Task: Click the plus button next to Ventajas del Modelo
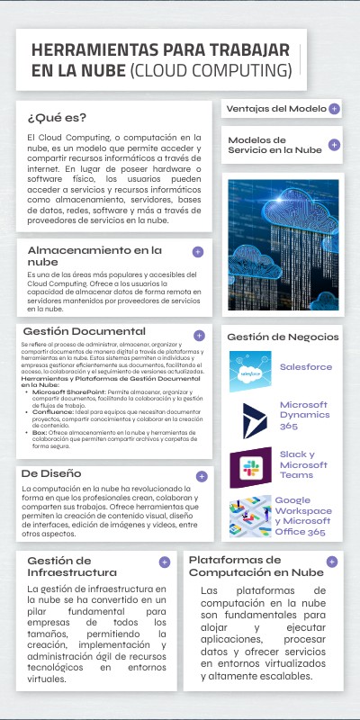point(334,109)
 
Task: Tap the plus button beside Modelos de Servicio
point(334,144)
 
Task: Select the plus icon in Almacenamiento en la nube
point(198,251)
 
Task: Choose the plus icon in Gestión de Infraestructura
point(165,562)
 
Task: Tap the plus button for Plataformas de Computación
point(332,562)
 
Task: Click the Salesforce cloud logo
point(250,369)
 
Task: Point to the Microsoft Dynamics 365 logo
point(250,418)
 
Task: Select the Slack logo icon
point(250,467)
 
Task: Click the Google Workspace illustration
point(250,517)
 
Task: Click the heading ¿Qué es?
point(57,117)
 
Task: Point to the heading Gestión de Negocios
point(283,337)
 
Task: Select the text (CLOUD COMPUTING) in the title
point(211,70)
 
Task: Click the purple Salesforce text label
point(305,367)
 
